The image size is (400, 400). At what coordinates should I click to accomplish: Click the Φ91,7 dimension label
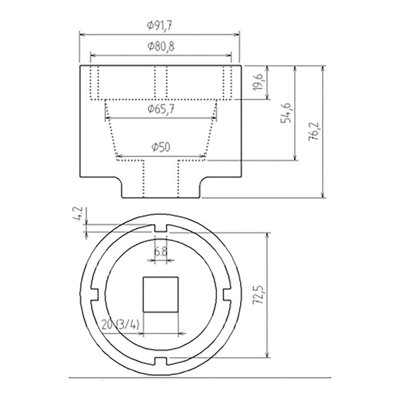[159, 26]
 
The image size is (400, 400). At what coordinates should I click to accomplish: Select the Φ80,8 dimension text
[161, 47]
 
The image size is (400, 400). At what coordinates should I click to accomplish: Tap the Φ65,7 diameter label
[161, 109]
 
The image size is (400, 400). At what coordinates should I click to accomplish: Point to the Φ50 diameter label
[161, 147]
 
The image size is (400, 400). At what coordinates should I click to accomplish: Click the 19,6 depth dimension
[258, 82]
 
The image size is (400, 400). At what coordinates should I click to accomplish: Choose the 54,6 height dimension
[286, 113]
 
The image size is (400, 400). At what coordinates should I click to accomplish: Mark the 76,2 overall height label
[314, 132]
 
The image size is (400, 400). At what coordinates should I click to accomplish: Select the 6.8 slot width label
[161, 252]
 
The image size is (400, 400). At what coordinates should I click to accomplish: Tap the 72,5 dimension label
[258, 294]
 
